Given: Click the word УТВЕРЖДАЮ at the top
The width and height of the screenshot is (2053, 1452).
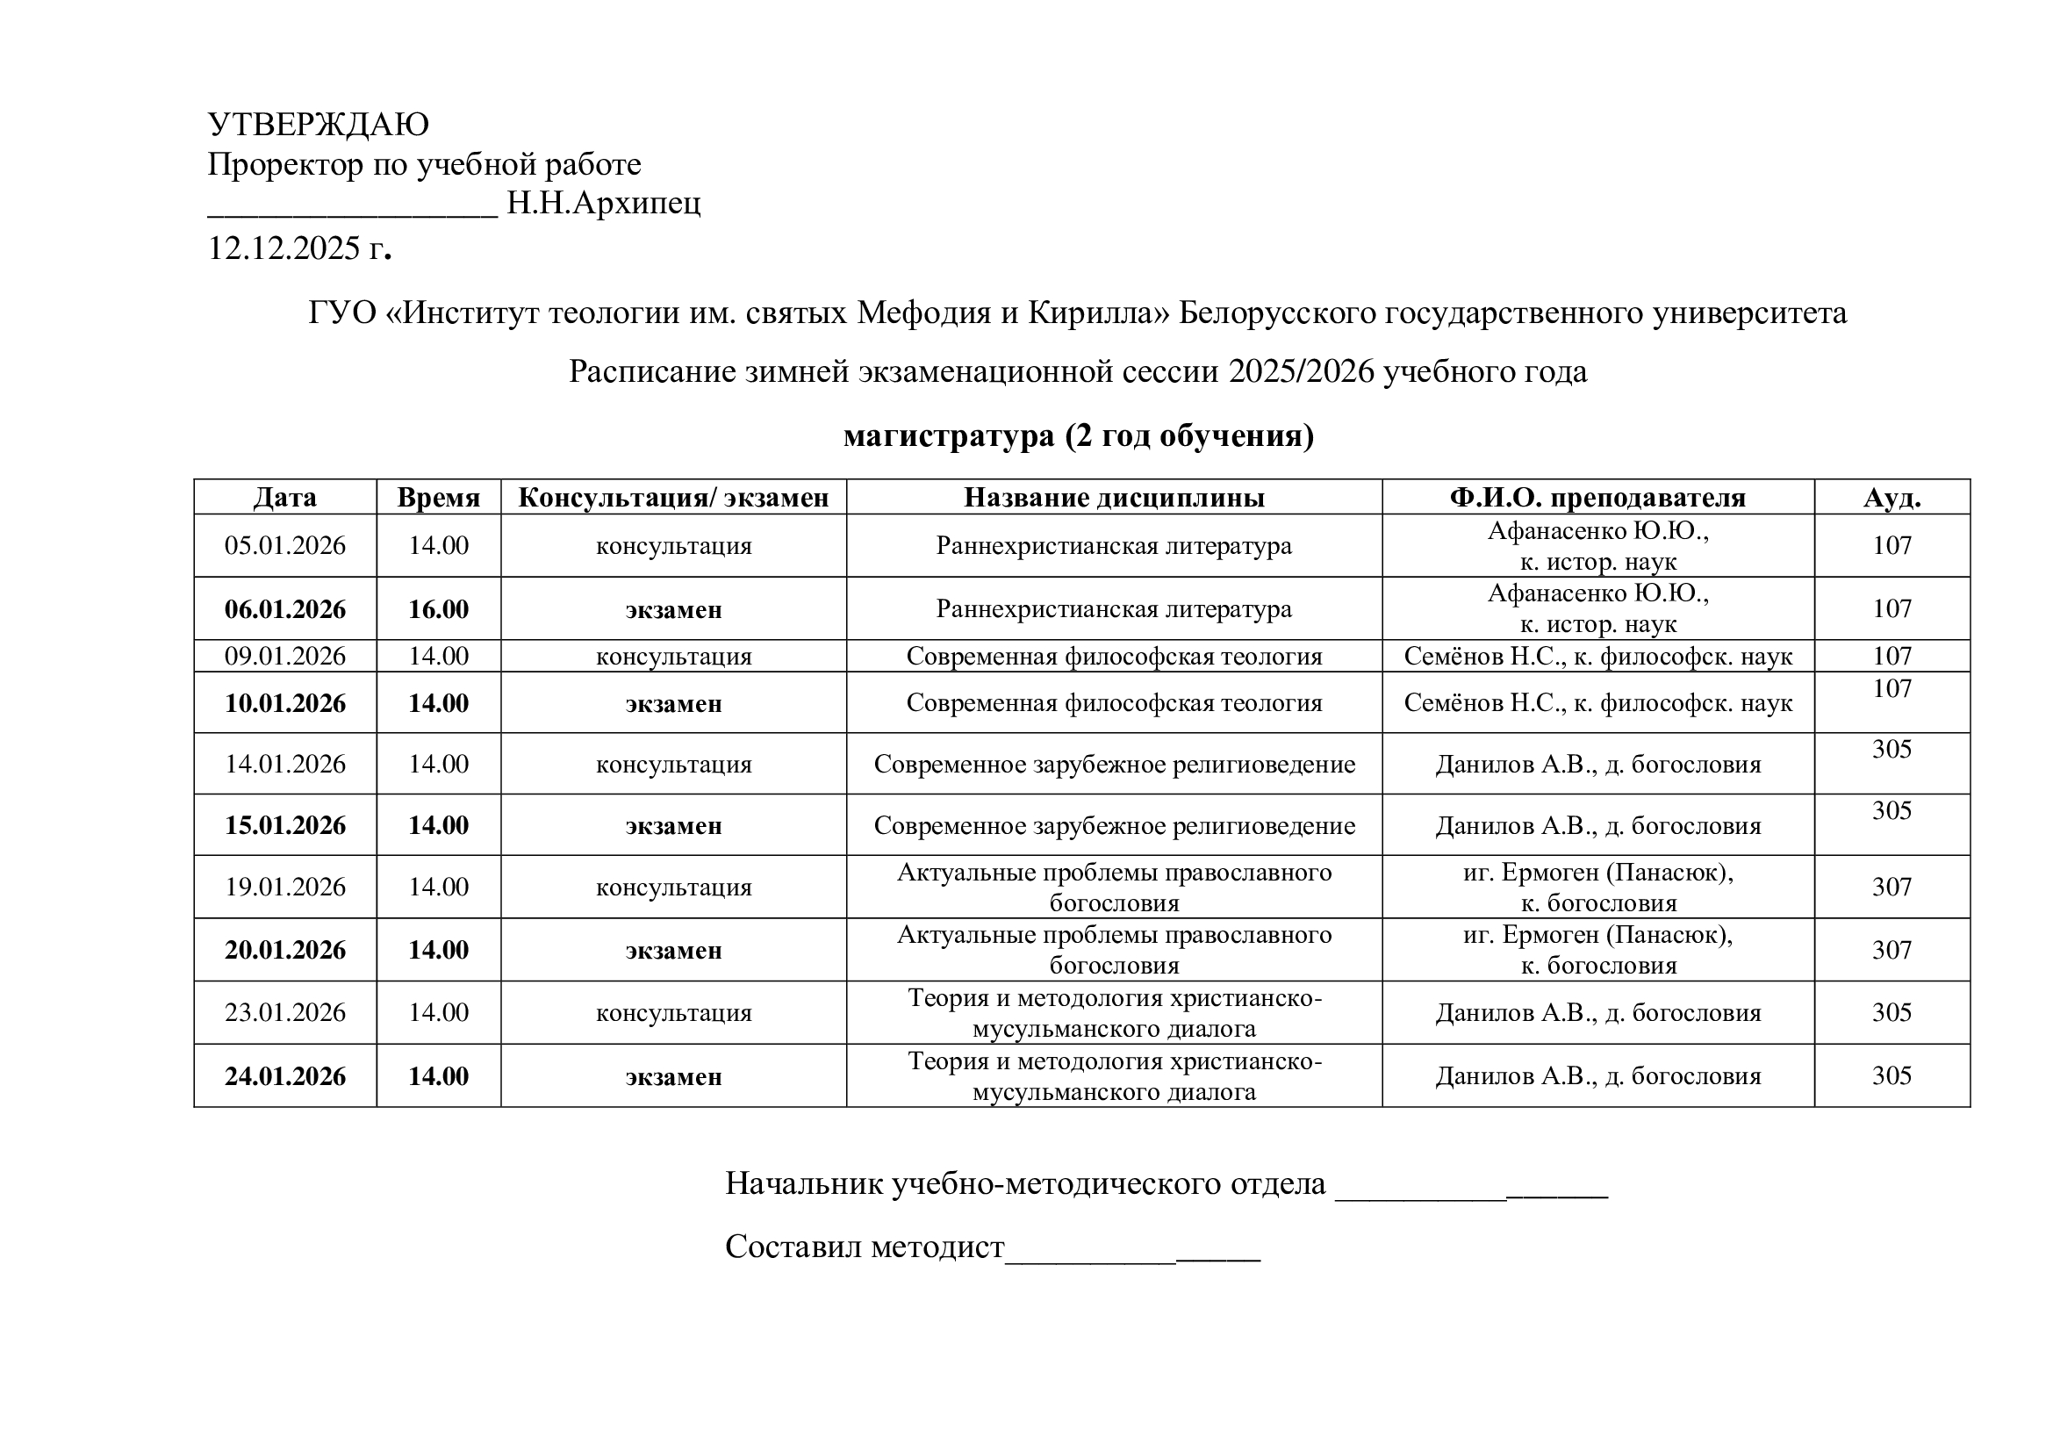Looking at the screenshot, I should [x=319, y=125].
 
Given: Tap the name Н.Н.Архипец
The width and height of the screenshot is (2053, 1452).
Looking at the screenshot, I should [x=604, y=204].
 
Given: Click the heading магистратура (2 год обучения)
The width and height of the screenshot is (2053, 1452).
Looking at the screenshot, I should [x=1079, y=435].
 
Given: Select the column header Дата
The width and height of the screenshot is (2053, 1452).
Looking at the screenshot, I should [x=284, y=497].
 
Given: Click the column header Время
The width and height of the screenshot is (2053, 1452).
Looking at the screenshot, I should [x=438, y=497].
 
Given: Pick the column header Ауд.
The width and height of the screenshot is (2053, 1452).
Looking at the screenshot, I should [x=1891, y=497].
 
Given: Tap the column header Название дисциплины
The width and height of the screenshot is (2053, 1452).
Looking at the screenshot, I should [x=1113, y=497].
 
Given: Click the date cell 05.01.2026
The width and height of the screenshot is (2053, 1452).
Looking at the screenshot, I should [x=284, y=545].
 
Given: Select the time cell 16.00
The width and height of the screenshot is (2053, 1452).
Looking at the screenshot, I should [x=438, y=609].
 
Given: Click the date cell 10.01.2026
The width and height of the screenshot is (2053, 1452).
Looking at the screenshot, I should [x=284, y=703].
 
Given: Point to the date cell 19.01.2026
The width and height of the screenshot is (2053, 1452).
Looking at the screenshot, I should [x=284, y=887].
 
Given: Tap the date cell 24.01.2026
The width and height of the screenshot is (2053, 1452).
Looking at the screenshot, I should [x=284, y=1075].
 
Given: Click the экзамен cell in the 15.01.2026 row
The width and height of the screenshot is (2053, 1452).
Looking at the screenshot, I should [x=673, y=825].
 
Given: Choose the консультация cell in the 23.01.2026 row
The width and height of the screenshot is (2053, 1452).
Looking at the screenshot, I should [x=673, y=1013].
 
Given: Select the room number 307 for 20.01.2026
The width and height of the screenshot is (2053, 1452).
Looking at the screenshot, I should [x=1891, y=950].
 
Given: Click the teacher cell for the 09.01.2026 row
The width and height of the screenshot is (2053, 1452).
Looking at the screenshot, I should [x=1597, y=657].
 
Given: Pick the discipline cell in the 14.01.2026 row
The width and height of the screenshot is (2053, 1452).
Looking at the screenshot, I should [x=1113, y=765].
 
